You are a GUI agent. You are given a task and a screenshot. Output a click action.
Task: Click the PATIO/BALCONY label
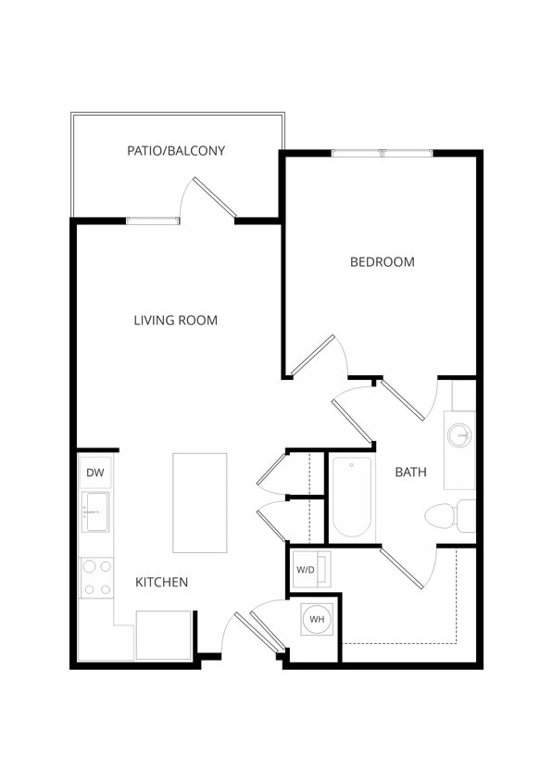[x=176, y=150]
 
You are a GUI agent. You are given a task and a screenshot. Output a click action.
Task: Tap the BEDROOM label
[x=382, y=262]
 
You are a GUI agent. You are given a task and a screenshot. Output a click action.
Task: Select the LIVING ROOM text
[x=175, y=321]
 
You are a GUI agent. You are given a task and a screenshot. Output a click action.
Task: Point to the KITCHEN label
[x=162, y=582]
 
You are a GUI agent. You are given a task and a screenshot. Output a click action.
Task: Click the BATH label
[x=410, y=472]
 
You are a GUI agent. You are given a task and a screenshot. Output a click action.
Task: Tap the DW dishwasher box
[x=95, y=473]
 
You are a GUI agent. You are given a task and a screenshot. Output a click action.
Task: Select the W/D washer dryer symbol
[x=307, y=569]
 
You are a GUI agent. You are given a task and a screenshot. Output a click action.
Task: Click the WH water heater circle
[x=317, y=618]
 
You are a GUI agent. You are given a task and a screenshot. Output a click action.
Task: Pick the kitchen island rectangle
[x=199, y=502]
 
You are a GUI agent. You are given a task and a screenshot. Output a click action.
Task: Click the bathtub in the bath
[x=352, y=498]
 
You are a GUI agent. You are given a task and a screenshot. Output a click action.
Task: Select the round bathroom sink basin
[x=459, y=434]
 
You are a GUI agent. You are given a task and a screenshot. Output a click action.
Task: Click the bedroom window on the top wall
[x=382, y=153]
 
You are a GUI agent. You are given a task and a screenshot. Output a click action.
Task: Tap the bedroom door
[x=315, y=355]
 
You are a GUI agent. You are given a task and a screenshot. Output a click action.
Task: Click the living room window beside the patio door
[x=153, y=221]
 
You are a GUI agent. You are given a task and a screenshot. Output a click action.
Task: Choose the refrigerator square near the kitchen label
[x=163, y=635]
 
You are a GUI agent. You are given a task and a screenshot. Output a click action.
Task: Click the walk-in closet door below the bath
[x=404, y=566]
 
